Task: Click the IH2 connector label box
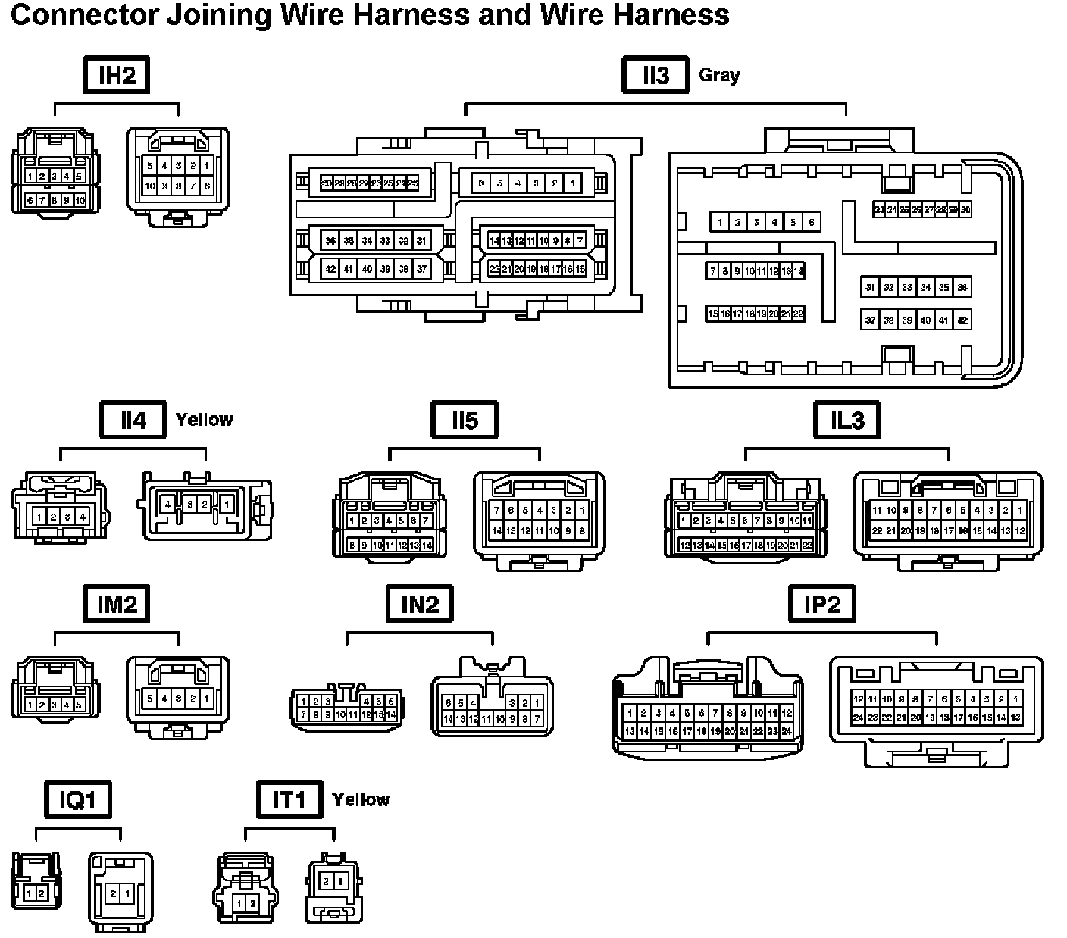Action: (x=117, y=75)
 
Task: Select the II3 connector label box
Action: (x=655, y=75)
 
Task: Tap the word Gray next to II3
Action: (x=719, y=75)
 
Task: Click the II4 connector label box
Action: (x=133, y=420)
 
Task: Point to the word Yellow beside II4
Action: (x=205, y=420)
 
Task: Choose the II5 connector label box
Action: (x=465, y=420)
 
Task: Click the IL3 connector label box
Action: (x=846, y=420)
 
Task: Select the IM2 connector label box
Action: (x=117, y=604)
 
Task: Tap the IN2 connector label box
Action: (x=420, y=604)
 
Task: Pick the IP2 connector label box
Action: (x=821, y=604)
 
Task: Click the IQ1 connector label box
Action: (x=78, y=799)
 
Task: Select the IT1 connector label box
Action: (x=289, y=799)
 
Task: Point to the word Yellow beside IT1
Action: (x=361, y=799)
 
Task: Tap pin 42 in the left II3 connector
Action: (x=330, y=269)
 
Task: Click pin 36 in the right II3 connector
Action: (x=962, y=287)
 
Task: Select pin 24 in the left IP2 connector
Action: (x=787, y=731)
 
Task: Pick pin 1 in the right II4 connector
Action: (x=227, y=504)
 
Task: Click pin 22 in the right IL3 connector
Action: (x=877, y=531)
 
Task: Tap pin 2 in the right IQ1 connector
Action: (x=113, y=893)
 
